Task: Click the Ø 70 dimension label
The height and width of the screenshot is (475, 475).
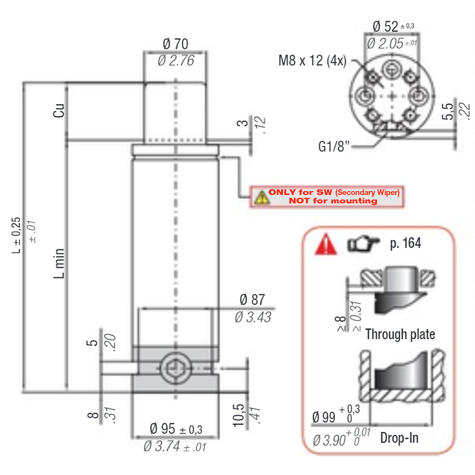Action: (175, 44)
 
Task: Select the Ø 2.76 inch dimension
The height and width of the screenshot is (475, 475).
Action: (176, 61)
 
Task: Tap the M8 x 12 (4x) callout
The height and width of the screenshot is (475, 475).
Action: (312, 61)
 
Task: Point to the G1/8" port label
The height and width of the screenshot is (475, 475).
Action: (334, 147)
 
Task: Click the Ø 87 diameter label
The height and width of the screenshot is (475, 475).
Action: (252, 300)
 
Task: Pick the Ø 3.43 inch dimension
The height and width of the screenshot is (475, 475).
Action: (253, 317)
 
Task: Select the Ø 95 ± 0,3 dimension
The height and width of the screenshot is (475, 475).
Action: (176, 429)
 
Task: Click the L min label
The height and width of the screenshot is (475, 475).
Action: (59, 263)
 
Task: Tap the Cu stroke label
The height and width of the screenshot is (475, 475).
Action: (59, 110)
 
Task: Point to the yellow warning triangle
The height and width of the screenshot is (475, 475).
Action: (262, 198)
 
